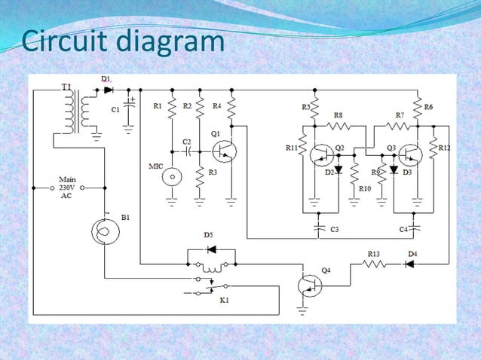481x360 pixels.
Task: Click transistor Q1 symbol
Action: pyautogui.click(x=223, y=151)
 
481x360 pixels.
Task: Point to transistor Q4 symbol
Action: pyautogui.click(x=310, y=285)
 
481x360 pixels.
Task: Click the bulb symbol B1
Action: pyautogui.click(x=103, y=230)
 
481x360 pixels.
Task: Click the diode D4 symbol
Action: pyautogui.click(x=409, y=264)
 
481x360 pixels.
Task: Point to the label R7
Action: pyautogui.click(x=400, y=114)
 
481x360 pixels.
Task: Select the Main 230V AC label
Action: pyautogui.click(x=68, y=187)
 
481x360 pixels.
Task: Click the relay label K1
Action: pyautogui.click(x=223, y=301)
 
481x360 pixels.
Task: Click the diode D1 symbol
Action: pyautogui.click(x=108, y=90)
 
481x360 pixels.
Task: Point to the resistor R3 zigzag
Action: pyautogui.click(x=200, y=178)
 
